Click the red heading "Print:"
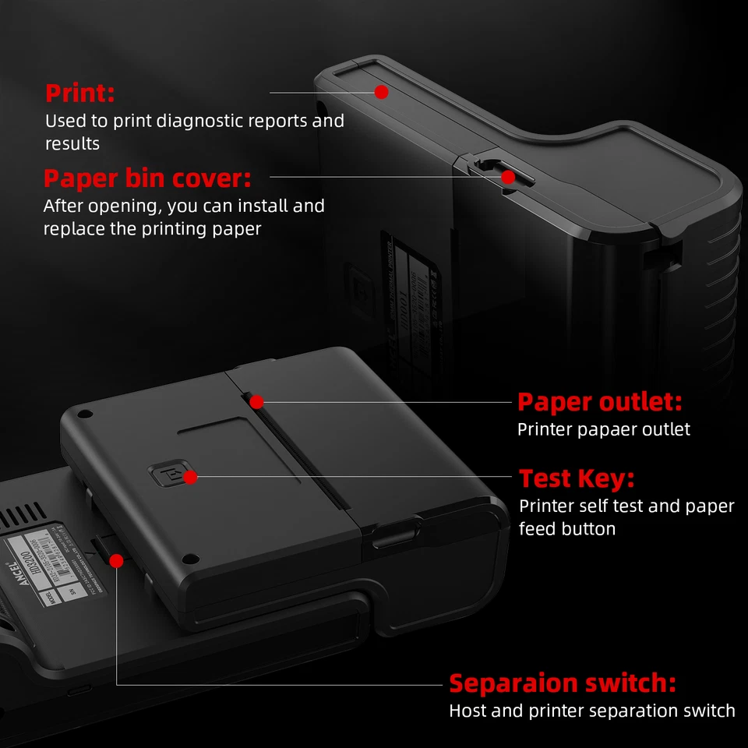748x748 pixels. point(79,93)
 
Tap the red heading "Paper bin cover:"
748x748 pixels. point(147,178)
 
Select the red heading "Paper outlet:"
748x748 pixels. point(599,403)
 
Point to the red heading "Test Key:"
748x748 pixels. point(577,478)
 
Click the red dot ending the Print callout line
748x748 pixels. point(381,92)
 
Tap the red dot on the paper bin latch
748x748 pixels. point(508,177)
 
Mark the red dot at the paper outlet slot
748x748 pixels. point(256,402)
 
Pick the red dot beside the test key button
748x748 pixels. point(191,476)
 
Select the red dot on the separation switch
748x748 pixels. point(117,560)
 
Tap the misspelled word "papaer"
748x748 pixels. point(592,430)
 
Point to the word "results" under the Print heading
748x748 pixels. point(72,144)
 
